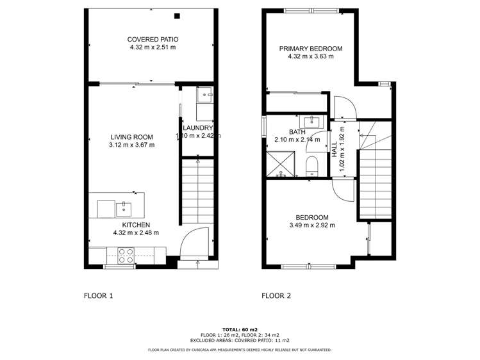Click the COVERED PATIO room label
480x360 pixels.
tap(152, 39)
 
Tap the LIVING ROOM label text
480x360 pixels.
tap(132, 136)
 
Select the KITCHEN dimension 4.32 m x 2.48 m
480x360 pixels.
tap(135, 233)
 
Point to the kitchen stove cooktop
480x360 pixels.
tap(126, 256)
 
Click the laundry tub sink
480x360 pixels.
tap(206, 97)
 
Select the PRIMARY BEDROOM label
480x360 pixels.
tap(310, 49)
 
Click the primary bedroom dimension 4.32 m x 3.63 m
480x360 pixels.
tap(310, 56)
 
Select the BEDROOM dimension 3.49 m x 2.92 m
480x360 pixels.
tap(312, 225)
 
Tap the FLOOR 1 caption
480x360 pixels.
tap(98, 296)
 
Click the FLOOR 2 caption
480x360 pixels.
tap(276, 296)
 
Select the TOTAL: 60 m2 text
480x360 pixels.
tap(240, 329)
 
